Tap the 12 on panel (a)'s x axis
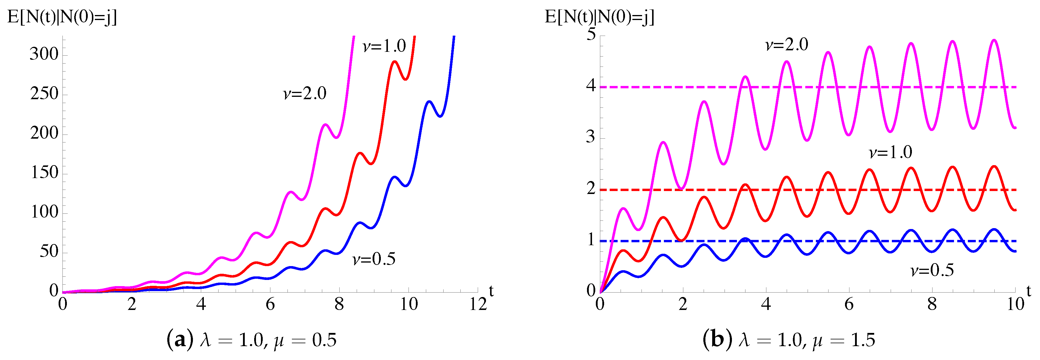[x=478, y=304]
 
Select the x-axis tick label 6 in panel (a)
[x=270, y=304]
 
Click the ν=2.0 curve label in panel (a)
[x=305, y=94]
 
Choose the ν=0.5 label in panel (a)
[x=374, y=259]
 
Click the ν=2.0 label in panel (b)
[x=786, y=45]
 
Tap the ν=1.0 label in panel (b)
[x=890, y=152]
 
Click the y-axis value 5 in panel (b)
[x=591, y=34]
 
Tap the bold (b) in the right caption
[x=716, y=340]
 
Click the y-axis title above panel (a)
[x=62, y=17]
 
